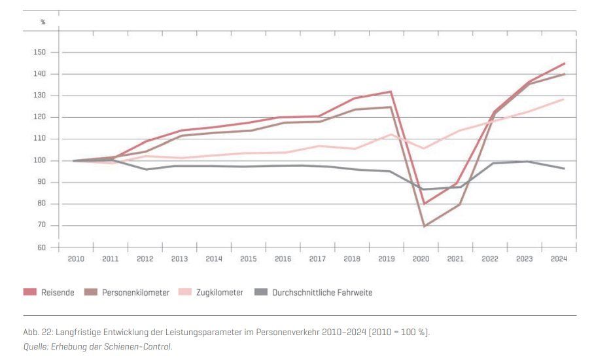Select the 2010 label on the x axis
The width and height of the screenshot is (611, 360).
click(77, 259)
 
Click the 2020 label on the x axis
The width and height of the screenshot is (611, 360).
click(421, 259)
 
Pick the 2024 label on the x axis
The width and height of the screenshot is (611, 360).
click(559, 259)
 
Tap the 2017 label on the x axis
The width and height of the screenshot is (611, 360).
click(317, 259)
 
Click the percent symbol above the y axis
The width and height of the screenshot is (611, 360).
click(43, 22)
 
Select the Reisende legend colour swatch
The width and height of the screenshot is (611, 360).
click(30, 293)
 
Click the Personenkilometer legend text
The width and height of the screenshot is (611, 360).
click(135, 293)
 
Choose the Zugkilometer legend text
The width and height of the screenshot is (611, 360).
click(219, 293)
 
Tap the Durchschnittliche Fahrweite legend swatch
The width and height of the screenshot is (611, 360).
click(260, 293)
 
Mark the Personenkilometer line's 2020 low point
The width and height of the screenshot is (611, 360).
click(425, 226)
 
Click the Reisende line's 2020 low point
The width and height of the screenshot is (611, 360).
click(425, 204)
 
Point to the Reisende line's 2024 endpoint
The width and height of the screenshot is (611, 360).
click(564, 63)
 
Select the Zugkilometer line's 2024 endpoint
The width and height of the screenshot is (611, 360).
click(564, 99)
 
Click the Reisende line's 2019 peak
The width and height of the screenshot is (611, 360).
click(391, 92)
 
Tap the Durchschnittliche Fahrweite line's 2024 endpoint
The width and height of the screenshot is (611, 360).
click(564, 168)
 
